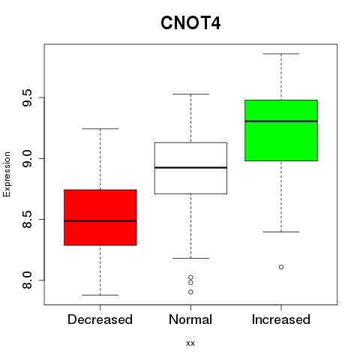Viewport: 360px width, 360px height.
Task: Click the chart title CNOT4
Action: [190, 23]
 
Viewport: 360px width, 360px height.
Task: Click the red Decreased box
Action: [100, 217]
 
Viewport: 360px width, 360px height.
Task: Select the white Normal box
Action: [190, 168]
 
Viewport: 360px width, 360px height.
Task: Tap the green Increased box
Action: [281, 130]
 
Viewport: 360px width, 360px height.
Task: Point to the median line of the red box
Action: [100, 221]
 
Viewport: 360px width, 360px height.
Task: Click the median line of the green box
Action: [281, 121]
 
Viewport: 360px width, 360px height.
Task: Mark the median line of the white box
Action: [190, 167]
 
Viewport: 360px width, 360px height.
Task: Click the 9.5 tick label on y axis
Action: [27, 97]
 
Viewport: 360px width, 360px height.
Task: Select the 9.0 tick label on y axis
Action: [27, 158]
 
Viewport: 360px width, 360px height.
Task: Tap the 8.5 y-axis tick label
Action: [27, 219]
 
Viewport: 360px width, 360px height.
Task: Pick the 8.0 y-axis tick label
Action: [27, 280]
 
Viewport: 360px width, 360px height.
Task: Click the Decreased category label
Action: [100, 319]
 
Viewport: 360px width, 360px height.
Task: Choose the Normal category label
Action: [190, 319]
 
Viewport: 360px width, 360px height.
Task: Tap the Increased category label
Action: [281, 319]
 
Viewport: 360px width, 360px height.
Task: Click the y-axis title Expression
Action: [7, 174]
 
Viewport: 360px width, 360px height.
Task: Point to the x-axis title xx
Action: [190, 343]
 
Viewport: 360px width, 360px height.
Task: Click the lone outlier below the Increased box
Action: [281, 267]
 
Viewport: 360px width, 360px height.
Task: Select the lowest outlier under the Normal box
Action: [190, 292]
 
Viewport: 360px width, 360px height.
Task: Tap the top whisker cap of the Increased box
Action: [281, 54]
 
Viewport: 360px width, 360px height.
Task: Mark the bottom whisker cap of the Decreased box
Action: [100, 295]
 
